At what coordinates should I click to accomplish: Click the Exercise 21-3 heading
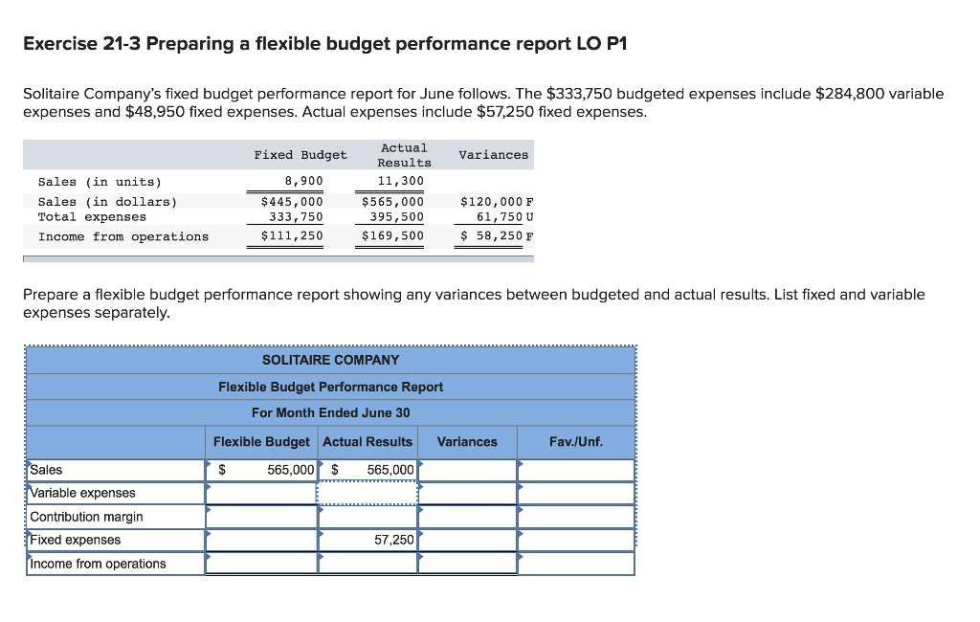(x=324, y=45)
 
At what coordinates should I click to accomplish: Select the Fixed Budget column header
(x=301, y=155)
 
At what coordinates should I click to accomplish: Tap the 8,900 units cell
(x=304, y=181)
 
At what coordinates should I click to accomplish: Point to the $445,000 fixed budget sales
(x=292, y=202)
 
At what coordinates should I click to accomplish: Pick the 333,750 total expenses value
(x=298, y=217)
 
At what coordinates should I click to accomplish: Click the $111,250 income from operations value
(x=292, y=236)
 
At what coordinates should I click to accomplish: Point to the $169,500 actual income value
(x=392, y=236)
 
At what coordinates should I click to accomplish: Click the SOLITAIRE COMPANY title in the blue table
(x=330, y=360)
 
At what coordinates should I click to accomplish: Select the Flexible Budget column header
(x=261, y=442)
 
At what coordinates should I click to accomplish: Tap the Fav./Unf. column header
(x=576, y=442)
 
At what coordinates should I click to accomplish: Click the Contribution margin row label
(x=87, y=517)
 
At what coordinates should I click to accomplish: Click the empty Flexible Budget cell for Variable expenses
(x=261, y=493)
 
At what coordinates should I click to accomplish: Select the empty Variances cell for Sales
(x=467, y=470)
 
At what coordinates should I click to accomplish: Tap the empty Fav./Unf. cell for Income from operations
(x=576, y=564)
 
